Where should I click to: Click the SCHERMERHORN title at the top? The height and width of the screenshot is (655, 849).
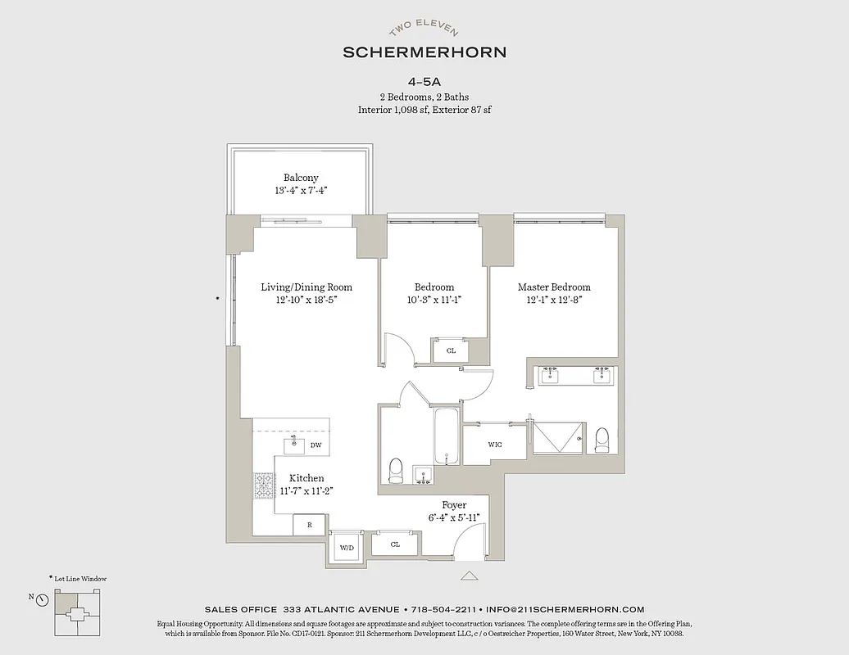[424, 52]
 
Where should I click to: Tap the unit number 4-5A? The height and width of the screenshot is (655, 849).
[424, 82]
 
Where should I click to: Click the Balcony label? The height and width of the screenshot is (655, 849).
[301, 178]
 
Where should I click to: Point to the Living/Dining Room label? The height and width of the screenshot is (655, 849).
[306, 287]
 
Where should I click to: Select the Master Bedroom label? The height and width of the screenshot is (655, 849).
[554, 287]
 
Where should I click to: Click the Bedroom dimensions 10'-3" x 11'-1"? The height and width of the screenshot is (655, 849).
[434, 300]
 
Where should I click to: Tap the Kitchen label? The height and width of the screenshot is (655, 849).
[306, 478]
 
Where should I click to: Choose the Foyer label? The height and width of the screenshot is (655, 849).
[454, 505]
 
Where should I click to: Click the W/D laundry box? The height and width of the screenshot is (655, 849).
[346, 546]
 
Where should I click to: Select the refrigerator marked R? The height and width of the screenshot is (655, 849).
[309, 525]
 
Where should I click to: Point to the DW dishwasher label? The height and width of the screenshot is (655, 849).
[316, 445]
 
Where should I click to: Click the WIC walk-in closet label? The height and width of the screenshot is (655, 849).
[495, 445]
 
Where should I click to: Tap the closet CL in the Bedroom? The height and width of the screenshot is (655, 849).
[451, 350]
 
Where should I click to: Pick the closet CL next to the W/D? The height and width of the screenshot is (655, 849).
[395, 544]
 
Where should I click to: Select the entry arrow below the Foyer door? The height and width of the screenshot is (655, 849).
[469, 576]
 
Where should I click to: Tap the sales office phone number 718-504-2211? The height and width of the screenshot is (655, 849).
[443, 609]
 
